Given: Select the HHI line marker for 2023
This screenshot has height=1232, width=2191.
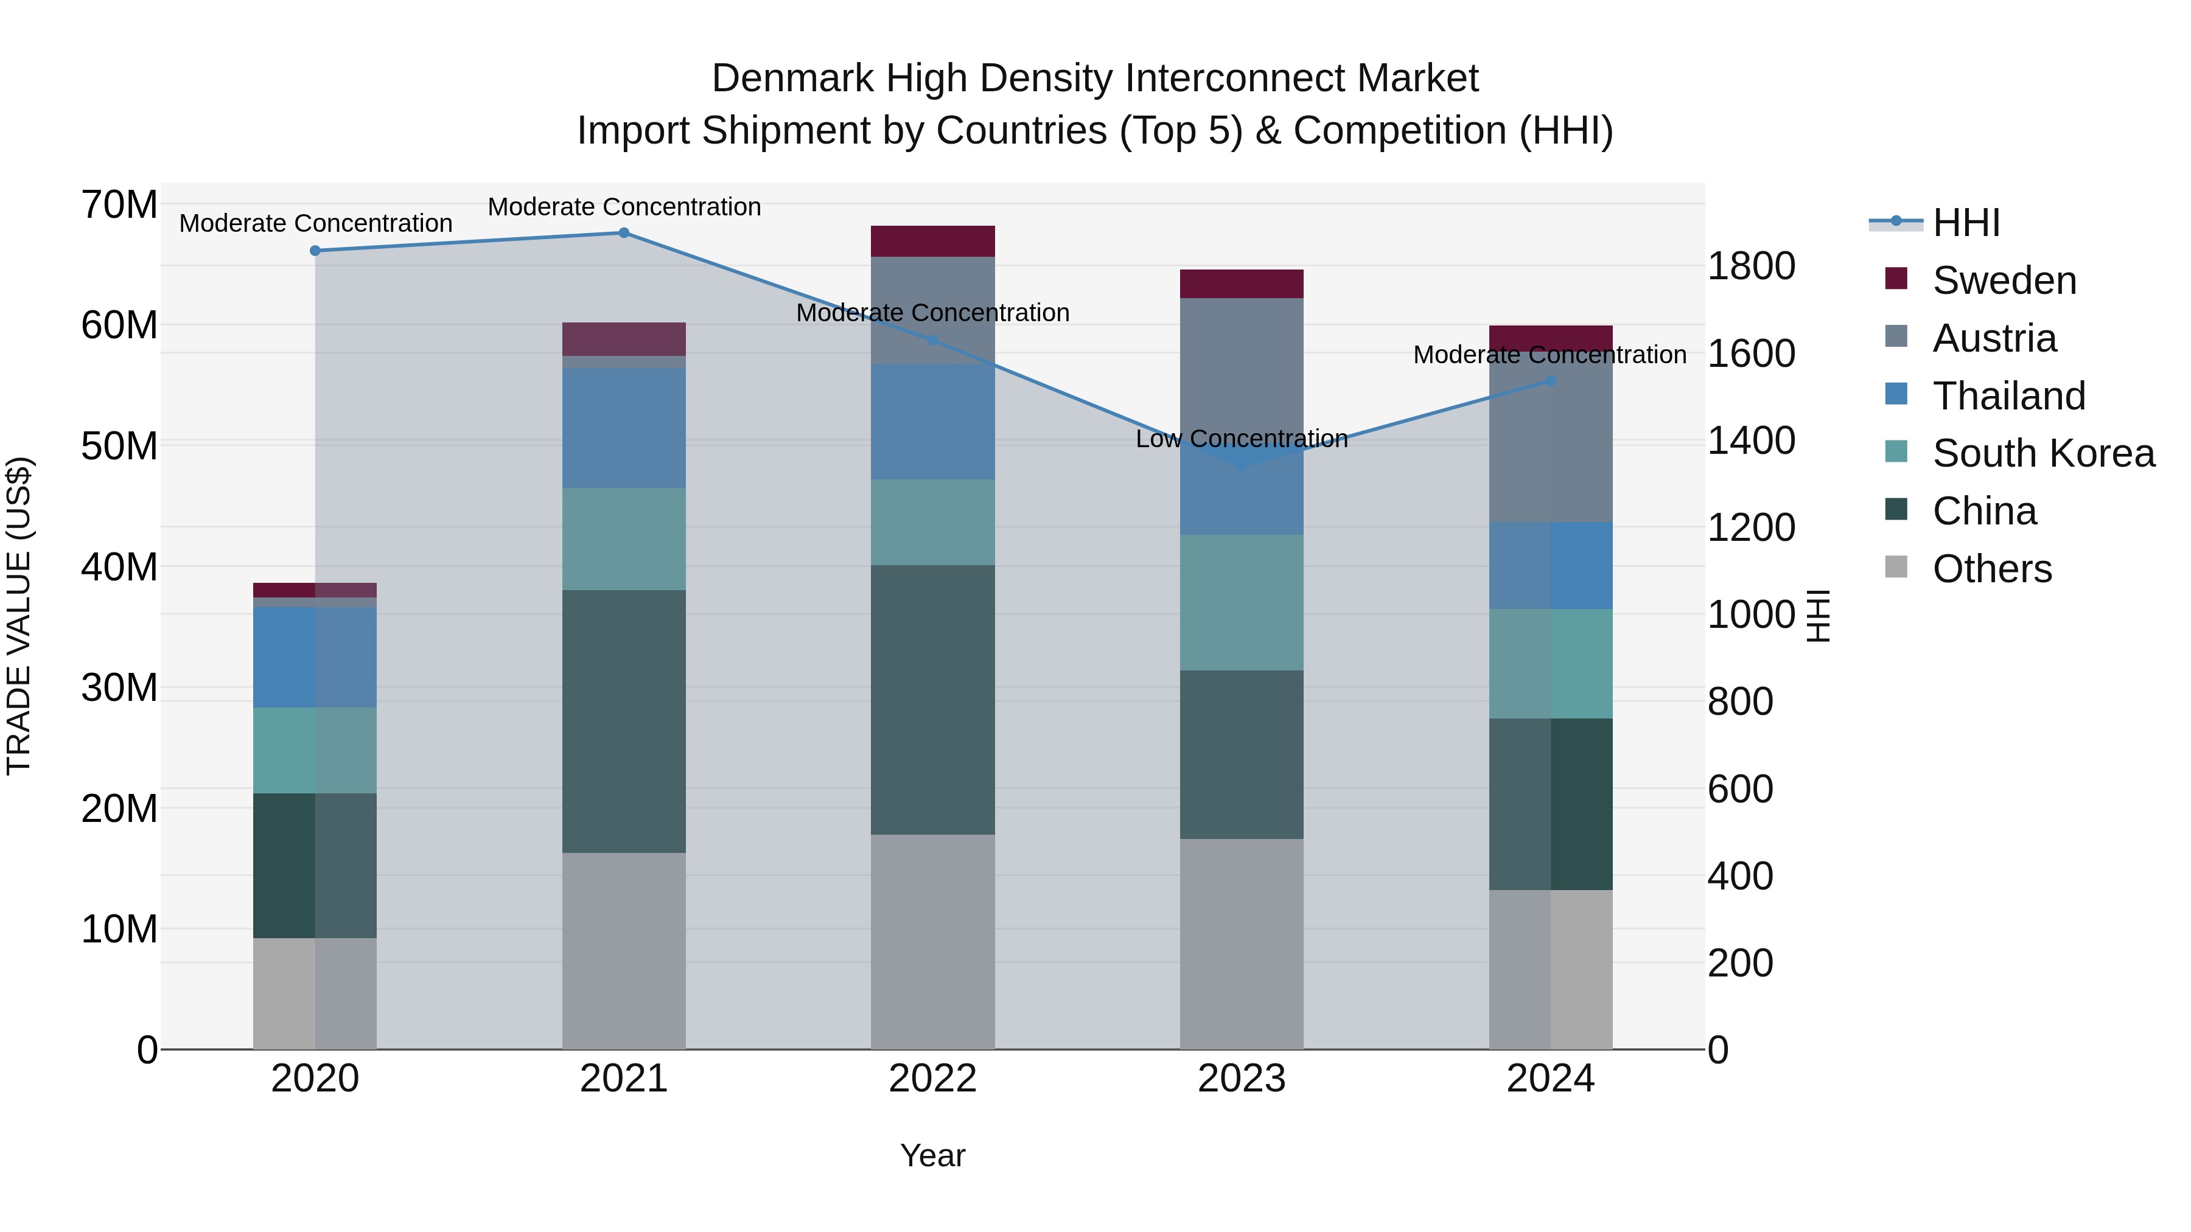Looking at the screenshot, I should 1241,465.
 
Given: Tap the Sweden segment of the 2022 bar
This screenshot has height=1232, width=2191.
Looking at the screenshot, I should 932,242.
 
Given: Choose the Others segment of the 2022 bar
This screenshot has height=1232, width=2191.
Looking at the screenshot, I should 932,941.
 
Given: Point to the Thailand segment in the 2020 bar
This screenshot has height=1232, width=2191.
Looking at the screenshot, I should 315,656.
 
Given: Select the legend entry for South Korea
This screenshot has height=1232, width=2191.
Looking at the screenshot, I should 2043,453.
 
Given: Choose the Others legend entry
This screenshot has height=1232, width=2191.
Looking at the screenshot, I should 1991,569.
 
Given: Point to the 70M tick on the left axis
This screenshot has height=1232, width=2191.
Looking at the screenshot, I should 119,205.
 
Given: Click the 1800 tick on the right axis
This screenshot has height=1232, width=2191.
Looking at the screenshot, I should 1751,266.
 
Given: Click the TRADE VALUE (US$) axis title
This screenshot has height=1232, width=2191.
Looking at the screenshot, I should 19,616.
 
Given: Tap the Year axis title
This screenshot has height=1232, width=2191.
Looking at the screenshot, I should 932,1155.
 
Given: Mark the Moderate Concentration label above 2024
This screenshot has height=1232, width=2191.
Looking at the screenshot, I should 1549,355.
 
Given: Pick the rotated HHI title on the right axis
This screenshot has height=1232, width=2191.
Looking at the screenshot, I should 1817,616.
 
